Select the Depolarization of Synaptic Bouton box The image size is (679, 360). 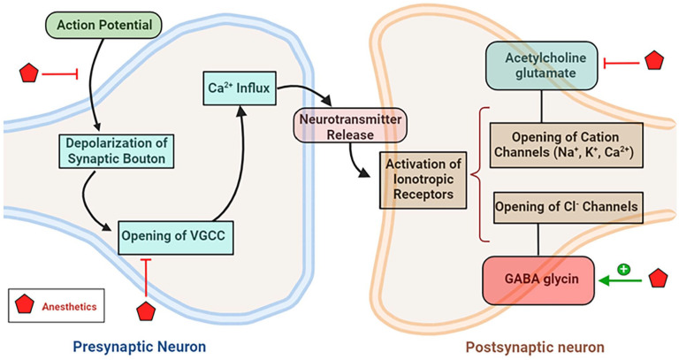[115, 150]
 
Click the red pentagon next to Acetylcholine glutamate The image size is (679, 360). [653, 61]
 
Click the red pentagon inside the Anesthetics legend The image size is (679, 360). [26, 308]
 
